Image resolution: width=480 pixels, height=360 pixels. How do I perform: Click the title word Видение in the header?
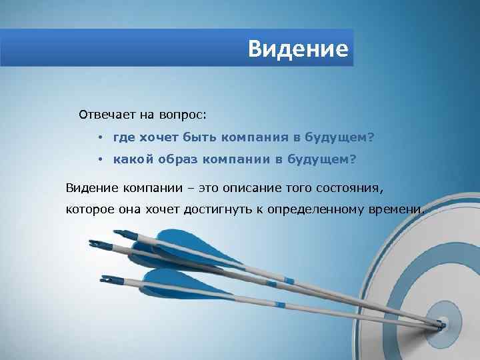coord(298,49)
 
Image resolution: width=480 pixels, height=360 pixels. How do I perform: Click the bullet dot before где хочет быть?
coord(98,137)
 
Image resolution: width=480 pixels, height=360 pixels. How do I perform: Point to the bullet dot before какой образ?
coord(98,160)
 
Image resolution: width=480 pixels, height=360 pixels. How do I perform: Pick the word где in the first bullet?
coord(123,137)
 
